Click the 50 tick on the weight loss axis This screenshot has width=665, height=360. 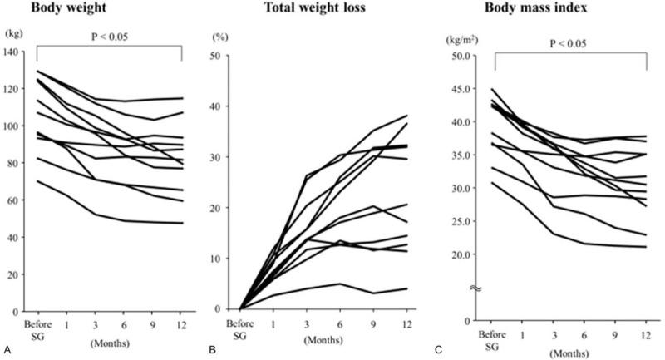click(x=224, y=56)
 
